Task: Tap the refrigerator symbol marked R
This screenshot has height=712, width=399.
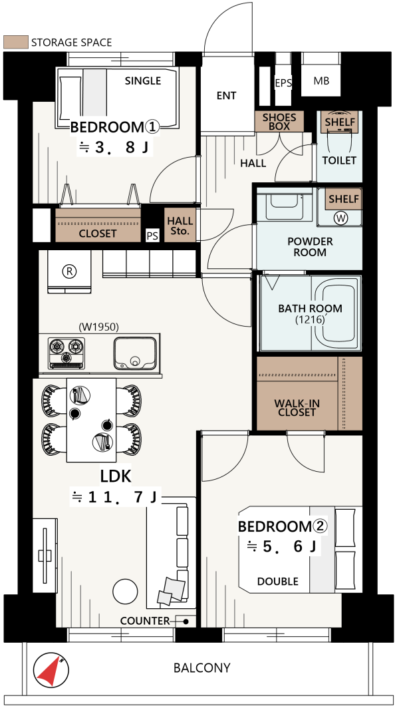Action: pos(69,271)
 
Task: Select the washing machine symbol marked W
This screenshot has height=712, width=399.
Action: pos(341,218)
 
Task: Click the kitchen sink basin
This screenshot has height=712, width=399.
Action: pos(135,353)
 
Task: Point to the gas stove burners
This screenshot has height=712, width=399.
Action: pos(66,353)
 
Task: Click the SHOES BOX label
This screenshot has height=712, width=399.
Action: pos(279,122)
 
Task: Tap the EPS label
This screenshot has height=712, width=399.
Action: pos(283,83)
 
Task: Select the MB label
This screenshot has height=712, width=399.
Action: pos(321,81)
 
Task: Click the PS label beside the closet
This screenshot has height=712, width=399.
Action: pos(152,237)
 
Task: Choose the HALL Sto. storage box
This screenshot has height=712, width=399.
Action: pos(180,225)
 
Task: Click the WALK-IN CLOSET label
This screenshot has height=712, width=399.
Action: pos(297,408)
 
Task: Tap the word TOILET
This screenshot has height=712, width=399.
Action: pos(339,160)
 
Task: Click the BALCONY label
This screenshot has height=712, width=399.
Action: pos(202,668)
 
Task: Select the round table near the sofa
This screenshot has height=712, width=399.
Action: pos(125,591)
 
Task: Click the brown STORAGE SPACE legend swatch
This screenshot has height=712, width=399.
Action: pos(16,42)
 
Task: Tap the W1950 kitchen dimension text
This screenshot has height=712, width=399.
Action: pos(98,327)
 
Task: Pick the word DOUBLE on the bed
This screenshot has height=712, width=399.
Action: pos(278,581)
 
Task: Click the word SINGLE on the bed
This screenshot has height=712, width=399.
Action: pos(143,81)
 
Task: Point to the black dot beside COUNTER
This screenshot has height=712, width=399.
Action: pos(186,622)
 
